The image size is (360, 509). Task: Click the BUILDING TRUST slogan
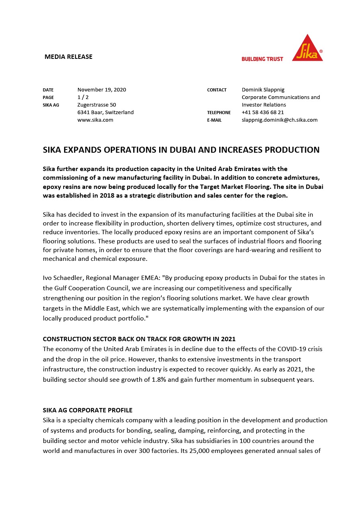coord(262,59)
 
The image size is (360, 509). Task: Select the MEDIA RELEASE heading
coord(68,57)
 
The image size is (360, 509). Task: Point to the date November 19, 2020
coord(101,89)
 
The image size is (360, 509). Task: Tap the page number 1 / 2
coord(83,97)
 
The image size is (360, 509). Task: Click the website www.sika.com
coord(95,120)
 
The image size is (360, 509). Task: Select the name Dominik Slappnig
coord(263,89)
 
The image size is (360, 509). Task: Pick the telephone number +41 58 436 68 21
coord(263,112)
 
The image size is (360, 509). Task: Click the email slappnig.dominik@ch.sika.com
coord(279,120)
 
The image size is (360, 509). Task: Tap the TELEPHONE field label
coord(218,113)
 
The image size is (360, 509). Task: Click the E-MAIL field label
coord(214,120)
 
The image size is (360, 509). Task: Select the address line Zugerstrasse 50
coord(96,105)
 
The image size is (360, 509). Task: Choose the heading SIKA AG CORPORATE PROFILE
coord(88,410)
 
